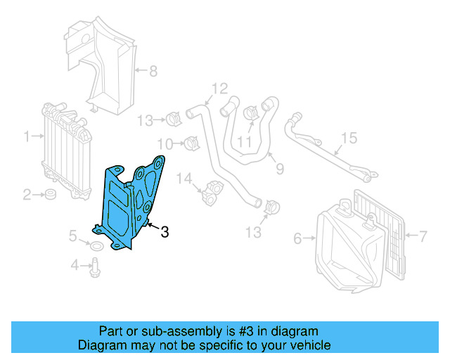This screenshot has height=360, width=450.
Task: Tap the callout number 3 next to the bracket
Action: pos(165,232)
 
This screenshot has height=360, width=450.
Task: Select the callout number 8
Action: pos(153,70)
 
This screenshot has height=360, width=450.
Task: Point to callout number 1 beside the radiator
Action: pos(27,136)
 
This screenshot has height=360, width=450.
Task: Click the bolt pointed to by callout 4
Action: pos(94,266)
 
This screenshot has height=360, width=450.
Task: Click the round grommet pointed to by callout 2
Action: pos(51,193)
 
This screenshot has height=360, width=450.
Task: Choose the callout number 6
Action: pos(297,239)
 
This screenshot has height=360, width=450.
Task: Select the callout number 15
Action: pos(349,138)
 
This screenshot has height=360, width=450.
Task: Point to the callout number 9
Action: pos(279,169)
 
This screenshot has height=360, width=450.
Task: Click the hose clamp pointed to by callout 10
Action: pos(188,143)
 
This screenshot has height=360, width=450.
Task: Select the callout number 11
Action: pos(243,142)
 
